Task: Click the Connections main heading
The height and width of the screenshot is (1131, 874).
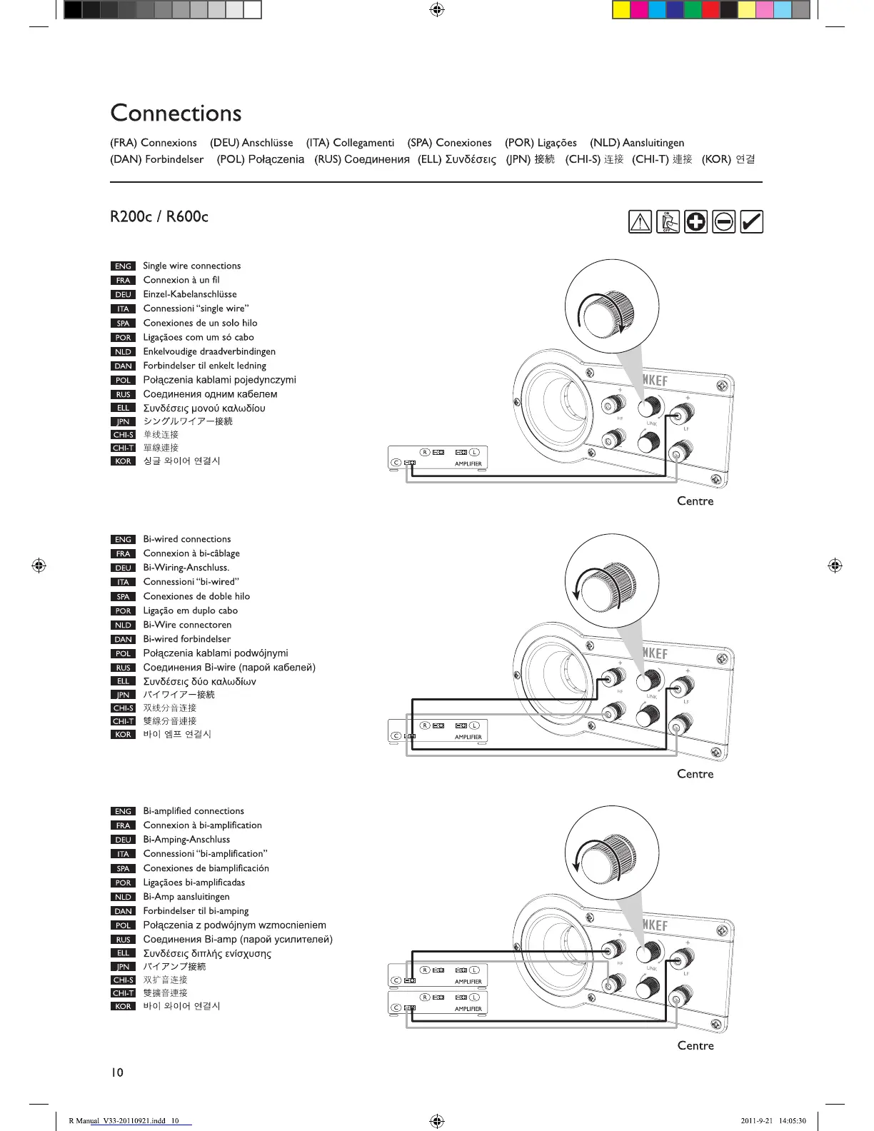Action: (x=176, y=113)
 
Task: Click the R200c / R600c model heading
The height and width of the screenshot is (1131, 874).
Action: (x=159, y=216)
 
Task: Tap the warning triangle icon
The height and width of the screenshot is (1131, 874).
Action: (x=640, y=222)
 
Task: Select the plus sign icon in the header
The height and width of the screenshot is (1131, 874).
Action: (x=695, y=222)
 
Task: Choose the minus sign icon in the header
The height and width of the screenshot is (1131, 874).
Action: (x=723, y=222)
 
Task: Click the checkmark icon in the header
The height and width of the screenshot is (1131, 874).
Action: (x=751, y=222)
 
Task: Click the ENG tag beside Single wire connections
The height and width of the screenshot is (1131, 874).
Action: (x=123, y=266)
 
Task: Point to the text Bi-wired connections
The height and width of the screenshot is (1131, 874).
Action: (x=187, y=539)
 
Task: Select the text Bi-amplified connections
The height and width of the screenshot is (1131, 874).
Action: (x=194, y=811)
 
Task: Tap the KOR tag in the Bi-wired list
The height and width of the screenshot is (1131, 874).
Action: (x=123, y=735)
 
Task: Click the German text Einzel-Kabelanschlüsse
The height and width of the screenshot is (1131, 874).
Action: (x=190, y=294)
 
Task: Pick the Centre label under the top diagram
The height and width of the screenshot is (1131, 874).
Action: (x=695, y=501)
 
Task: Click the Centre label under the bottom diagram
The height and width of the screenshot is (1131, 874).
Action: (x=695, y=1046)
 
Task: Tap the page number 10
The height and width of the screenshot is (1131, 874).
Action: (x=117, y=1072)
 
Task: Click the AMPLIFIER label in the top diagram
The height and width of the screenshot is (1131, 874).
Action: (x=468, y=464)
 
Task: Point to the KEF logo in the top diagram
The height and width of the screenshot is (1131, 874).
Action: (x=655, y=381)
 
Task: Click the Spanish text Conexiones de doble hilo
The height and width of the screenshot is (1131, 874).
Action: (x=196, y=596)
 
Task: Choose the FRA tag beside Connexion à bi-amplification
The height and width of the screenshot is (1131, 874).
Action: (x=123, y=826)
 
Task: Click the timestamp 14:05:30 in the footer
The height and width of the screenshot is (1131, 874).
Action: (x=792, y=1121)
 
